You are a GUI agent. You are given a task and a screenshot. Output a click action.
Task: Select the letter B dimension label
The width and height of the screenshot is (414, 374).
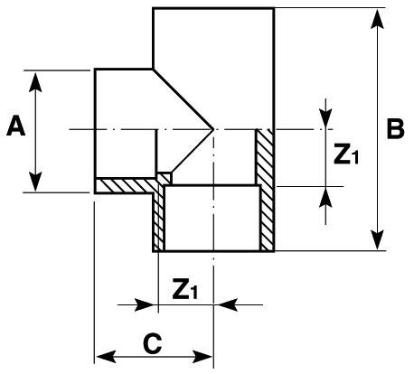(x=394, y=128)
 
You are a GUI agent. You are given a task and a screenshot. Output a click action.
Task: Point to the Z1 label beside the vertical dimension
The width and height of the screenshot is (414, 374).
(x=346, y=155)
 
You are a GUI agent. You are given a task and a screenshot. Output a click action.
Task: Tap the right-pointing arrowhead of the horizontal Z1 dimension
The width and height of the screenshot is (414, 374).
(x=149, y=304)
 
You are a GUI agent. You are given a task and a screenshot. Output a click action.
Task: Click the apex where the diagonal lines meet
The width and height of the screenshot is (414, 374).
(x=213, y=130)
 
